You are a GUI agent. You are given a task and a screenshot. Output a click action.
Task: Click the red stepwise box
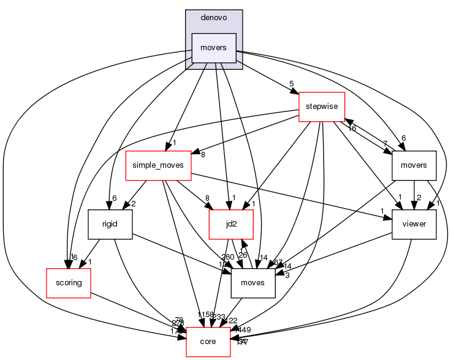click(321, 107)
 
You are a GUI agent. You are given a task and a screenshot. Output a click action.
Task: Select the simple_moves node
click(158, 165)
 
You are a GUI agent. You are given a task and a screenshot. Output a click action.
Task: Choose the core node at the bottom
click(208, 341)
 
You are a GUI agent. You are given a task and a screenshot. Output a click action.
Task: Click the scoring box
click(69, 283)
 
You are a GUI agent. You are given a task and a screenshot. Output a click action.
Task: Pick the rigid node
click(111, 224)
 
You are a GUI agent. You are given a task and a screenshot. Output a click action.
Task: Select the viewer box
click(414, 224)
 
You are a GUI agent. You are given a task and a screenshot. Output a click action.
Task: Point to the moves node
click(252, 283)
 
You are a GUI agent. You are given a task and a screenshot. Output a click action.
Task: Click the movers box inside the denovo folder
click(214, 48)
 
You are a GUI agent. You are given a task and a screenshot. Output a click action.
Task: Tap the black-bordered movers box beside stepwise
click(414, 165)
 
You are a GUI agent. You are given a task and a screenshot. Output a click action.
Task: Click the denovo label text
click(214, 18)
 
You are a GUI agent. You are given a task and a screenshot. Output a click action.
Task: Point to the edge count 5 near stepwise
click(292, 84)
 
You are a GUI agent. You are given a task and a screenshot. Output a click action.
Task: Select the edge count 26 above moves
click(243, 255)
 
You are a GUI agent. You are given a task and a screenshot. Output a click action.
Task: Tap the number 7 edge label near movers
click(385, 143)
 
